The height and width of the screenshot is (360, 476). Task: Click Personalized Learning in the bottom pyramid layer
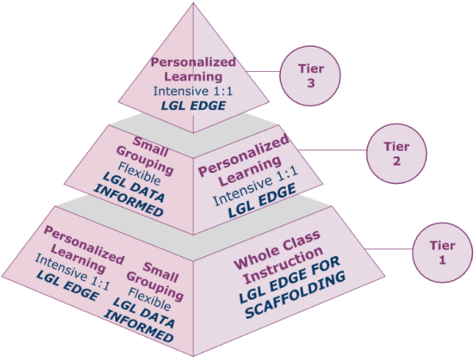tap(83, 247)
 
